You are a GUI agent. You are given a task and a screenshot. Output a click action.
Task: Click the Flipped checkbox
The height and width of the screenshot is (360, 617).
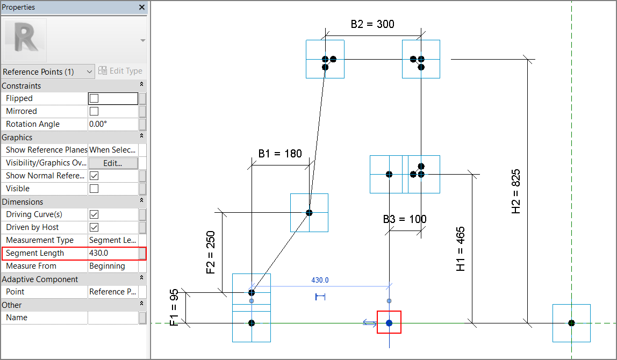[94, 98]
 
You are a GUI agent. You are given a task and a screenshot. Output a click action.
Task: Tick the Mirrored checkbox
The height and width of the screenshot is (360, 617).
[94, 111]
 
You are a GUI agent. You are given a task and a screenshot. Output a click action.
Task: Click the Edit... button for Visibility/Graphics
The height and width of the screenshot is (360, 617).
[113, 163]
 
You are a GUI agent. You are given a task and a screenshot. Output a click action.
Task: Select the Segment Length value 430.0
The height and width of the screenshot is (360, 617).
[99, 253]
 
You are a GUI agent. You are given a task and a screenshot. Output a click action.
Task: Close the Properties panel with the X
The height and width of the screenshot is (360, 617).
[142, 7]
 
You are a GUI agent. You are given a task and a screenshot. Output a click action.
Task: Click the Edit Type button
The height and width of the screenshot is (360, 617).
[120, 71]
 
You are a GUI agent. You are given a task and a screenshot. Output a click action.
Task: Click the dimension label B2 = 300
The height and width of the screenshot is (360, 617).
[372, 24]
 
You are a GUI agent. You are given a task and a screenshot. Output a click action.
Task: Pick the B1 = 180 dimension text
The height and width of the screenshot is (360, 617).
[280, 154]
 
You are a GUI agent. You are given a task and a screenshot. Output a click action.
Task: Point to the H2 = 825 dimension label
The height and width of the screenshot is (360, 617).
[515, 191]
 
